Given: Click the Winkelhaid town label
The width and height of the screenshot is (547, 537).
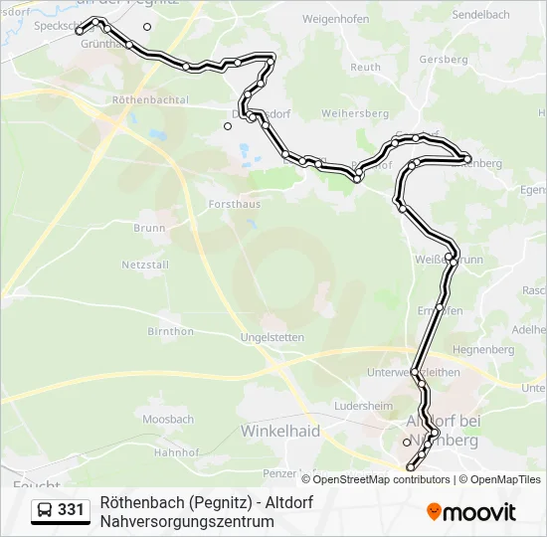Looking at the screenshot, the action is (x=280, y=431).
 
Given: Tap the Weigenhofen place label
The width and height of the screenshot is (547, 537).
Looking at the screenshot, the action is (x=335, y=19).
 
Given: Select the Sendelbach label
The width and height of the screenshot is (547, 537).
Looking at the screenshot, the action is (x=482, y=16).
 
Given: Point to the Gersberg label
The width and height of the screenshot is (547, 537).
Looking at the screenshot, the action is (x=444, y=60).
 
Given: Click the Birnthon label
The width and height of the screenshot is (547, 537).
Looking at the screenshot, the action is (x=170, y=331).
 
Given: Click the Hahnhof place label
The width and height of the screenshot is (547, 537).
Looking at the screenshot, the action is (x=176, y=450).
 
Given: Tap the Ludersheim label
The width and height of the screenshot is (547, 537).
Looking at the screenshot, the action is (x=363, y=406).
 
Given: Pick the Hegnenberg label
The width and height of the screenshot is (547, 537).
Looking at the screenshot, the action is (x=482, y=350).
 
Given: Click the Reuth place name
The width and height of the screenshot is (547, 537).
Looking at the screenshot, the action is (x=365, y=68).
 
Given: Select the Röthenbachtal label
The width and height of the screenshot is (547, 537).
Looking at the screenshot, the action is (x=150, y=100).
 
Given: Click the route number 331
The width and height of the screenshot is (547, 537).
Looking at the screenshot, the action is (x=71, y=510).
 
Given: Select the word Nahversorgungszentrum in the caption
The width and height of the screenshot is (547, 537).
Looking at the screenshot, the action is (x=186, y=520).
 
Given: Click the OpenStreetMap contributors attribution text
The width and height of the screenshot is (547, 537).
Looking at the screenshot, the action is (x=375, y=479).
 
